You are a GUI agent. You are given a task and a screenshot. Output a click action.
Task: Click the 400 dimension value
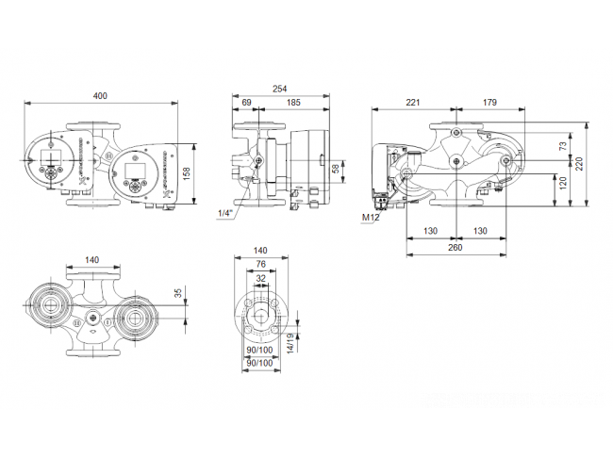click(x=100, y=96)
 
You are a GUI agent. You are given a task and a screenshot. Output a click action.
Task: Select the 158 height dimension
click(x=187, y=173)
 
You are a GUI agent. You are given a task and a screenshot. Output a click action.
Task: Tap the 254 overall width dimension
click(x=279, y=90)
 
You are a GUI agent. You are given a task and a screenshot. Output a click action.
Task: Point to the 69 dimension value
click(x=246, y=103)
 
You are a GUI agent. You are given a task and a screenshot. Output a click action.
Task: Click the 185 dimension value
click(x=293, y=103)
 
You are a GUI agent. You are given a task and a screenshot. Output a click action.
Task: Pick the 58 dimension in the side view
click(x=336, y=169)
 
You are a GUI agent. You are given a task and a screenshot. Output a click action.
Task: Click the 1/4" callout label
click(x=225, y=213)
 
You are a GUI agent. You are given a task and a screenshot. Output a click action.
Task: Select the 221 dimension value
click(x=412, y=103)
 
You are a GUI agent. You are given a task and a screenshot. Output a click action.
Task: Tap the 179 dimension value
click(x=489, y=103)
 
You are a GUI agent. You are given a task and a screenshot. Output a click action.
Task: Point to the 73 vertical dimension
click(x=563, y=146)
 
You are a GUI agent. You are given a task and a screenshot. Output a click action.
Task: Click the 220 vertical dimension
click(x=579, y=164)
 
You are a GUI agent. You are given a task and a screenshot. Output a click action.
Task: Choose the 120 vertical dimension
click(x=563, y=183)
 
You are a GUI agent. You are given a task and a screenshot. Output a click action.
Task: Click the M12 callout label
click(x=371, y=218)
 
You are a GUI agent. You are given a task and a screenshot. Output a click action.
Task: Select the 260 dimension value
click(x=456, y=247)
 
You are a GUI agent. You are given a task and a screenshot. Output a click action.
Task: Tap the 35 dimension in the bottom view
click(x=178, y=293)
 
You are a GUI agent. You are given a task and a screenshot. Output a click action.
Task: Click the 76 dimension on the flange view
click(x=260, y=264)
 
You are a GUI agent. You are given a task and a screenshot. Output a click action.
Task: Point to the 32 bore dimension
click(x=260, y=279)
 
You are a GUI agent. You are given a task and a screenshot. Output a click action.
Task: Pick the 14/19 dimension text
click(x=290, y=343)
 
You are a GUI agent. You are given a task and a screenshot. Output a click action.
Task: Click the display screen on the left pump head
click(x=51, y=157)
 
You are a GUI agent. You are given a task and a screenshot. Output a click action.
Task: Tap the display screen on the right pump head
click(x=135, y=170)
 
